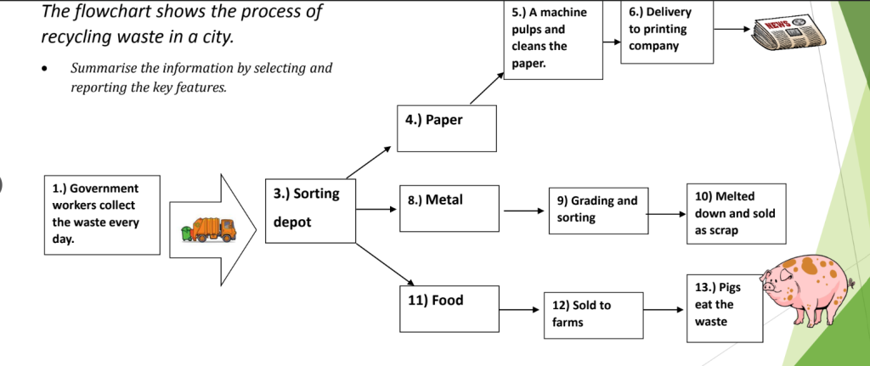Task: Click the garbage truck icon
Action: coord(208,229)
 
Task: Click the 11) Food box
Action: coord(448,308)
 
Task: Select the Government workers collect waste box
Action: coord(101,214)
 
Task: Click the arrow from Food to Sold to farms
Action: coord(519,309)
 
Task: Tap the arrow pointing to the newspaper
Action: coord(732,29)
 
